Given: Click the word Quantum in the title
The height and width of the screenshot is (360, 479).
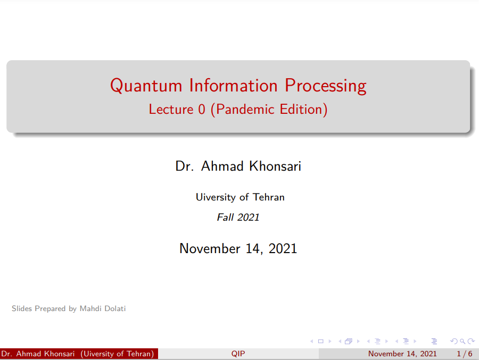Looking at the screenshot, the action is [146, 86].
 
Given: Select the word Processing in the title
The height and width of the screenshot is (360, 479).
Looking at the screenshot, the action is [326, 86].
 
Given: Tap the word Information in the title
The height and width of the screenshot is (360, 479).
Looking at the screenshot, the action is [234, 85].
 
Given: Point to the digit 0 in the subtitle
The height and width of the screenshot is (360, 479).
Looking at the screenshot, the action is [202, 110].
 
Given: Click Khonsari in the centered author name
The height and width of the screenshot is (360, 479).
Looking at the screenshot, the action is [275, 166].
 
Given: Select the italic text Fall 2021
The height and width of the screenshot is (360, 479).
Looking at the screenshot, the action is [238, 217].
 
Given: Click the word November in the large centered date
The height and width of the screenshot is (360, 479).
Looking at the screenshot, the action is [210, 248].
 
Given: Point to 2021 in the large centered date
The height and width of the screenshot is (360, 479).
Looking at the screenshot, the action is [283, 248].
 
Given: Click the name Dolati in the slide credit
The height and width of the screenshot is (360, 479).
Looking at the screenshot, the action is [115, 308].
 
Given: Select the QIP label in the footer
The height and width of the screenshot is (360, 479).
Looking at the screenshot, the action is [238, 354].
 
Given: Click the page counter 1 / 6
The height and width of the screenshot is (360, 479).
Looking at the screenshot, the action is [464, 354].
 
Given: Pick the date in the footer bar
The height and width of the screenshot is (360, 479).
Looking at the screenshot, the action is [402, 354].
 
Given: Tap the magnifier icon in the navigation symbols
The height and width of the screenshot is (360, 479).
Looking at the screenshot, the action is [463, 341].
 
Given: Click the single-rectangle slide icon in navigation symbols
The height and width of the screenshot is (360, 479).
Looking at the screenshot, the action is [320, 341].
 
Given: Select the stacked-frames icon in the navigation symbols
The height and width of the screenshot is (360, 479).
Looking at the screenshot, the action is [349, 341].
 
